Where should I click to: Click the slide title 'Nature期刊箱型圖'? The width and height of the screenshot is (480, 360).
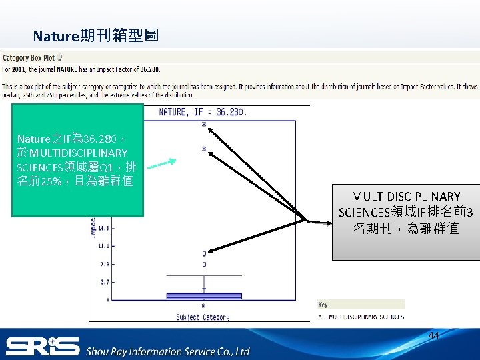point(96,35)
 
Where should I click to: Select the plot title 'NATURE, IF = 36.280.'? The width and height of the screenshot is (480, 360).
point(203,112)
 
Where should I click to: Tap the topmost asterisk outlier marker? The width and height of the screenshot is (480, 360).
point(203,125)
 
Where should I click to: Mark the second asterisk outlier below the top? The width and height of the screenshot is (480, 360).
point(204,149)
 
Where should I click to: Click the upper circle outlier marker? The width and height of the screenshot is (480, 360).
point(204,253)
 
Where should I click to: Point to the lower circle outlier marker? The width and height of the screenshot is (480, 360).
point(204,265)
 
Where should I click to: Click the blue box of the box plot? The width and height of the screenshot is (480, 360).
point(203,295)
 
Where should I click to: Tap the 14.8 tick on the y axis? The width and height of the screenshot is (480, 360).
point(103,228)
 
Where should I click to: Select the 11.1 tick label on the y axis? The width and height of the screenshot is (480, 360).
point(103,246)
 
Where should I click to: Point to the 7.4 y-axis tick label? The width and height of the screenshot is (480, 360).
point(104,264)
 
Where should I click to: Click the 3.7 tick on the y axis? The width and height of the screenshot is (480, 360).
point(104,283)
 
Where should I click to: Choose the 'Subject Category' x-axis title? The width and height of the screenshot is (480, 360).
point(203,317)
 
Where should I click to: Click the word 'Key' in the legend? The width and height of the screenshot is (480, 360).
point(323,305)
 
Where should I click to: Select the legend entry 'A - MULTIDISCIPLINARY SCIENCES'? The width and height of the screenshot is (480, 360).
point(361,317)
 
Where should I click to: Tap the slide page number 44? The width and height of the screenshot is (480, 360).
point(433,336)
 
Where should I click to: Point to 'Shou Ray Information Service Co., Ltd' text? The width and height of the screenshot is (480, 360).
point(167,351)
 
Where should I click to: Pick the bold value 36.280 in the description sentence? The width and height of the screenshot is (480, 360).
point(147,69)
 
